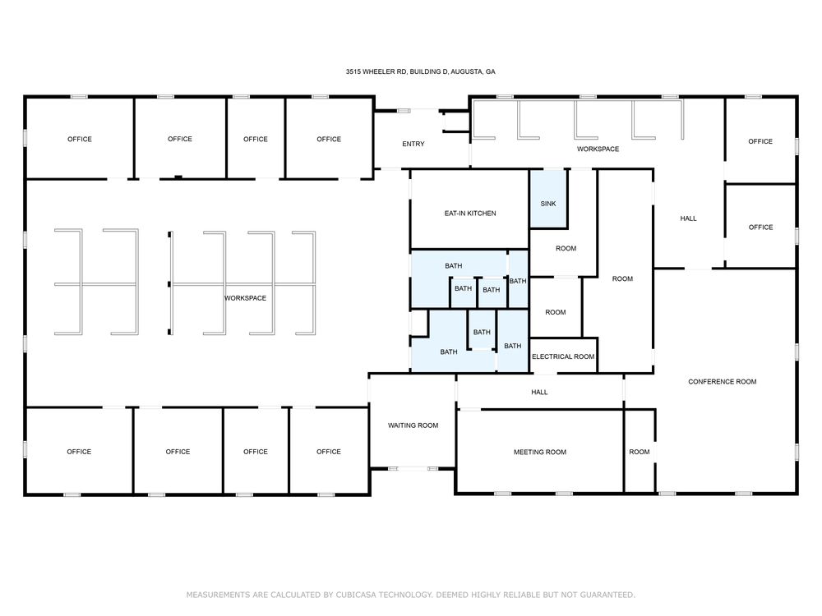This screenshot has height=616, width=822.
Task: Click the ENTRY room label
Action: [x=413, y=144]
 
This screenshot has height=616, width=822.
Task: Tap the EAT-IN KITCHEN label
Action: [x=470, y=214]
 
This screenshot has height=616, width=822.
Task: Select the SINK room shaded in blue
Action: [x=548, y=199]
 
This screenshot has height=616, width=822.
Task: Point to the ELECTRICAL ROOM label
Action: [x=563, y=356]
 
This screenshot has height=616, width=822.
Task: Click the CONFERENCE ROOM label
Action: [x=723, y=382]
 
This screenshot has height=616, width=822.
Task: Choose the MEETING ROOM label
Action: [x=540, y=452]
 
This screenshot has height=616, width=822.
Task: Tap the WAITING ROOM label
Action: [x=413, y=425]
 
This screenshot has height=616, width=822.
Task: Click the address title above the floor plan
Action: [x=420, y=71]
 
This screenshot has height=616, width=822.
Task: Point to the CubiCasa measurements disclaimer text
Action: [x=411, y=595]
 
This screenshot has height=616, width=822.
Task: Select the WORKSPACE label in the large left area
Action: [x=245, y=298]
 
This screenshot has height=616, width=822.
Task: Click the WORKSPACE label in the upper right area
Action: [x=598, y=149]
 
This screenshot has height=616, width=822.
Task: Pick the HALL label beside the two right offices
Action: [x=688, y=218]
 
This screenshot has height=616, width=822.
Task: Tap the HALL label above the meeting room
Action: [x=539, y=392]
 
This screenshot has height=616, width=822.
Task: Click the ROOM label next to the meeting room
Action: [x=640, y=452]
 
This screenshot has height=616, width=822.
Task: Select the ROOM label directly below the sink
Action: [x=566, y=248]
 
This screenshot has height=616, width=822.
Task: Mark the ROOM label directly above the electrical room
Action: [x=556, y=312]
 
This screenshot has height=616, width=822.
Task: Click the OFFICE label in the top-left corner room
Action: [x=80, y=140]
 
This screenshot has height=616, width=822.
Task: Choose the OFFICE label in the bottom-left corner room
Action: [x=79, y=452]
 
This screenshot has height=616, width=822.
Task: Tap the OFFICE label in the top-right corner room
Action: [x=760, y=141]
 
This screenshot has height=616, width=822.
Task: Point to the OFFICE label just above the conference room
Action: [x=760, y=228]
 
